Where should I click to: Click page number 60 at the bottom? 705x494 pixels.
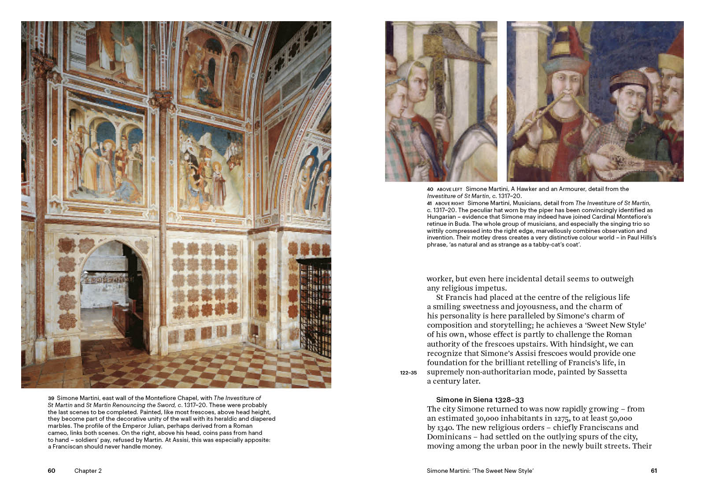pos(52,471)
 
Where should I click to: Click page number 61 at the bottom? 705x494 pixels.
pos(654,471)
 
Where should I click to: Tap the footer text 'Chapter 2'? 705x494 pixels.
pos(88,471)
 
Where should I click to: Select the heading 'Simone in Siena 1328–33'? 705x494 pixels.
pos(480,400)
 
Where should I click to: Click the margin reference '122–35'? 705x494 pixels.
pos(408,373)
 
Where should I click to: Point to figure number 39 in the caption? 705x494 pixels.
pos(51,398)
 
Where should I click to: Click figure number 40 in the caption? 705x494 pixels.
pos(430,189)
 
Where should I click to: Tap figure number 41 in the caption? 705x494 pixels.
pos(430,203)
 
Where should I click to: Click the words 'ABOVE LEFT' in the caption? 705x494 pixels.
pos(449,189)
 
